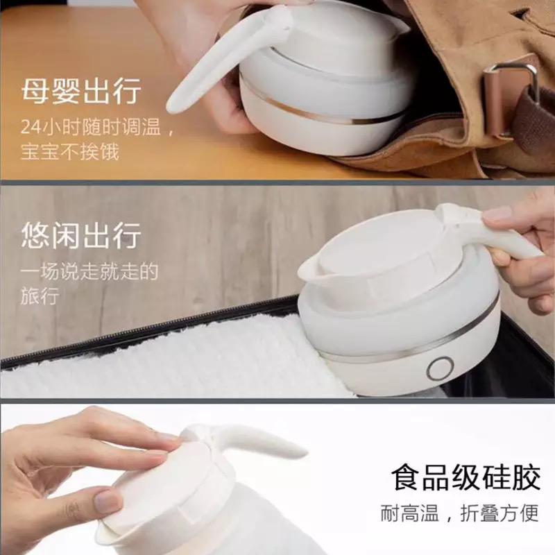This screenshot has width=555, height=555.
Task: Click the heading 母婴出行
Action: pyautogui.click(x=81, y=92)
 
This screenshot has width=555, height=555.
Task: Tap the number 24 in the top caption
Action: pyautogui.click(x=31, y=127)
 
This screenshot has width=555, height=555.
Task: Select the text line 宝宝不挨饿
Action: pyautogui.click(x=70, y=151)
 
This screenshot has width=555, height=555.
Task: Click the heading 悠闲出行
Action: pyautogui.click(x=81, y=235)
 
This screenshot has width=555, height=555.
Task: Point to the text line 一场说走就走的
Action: pyautogui.click(x=89, y=271)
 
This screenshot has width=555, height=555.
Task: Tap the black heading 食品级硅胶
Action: pyautogui.click(x=466, y=478)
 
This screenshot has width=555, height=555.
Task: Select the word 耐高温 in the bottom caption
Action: pyautogui.click(x=410, y=513)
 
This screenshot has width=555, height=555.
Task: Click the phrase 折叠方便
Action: pyautogui.click(x=499, y=513)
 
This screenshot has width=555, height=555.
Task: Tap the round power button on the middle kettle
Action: pyautogui.click(x=440, y=368)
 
